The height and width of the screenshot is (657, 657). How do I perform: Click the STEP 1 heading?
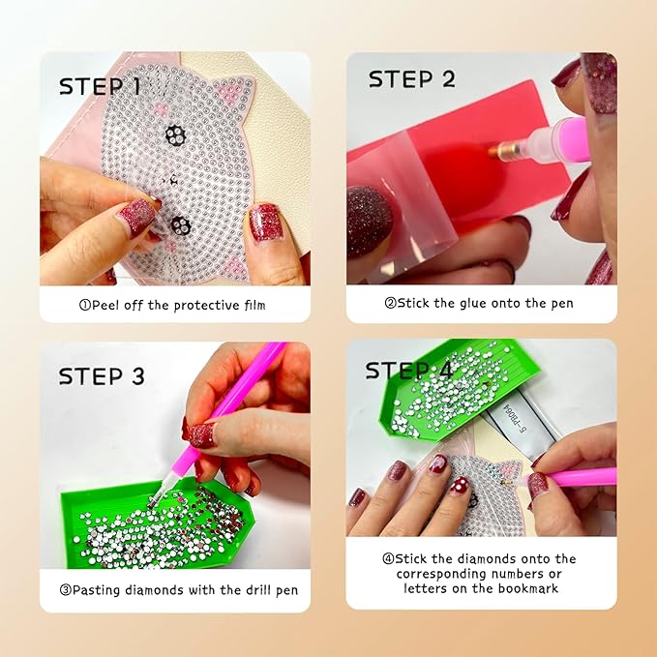100,86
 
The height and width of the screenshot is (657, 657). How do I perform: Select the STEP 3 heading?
102,375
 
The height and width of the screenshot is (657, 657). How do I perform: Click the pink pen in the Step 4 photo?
581,476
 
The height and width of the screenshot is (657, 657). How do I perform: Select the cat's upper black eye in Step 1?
174,134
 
